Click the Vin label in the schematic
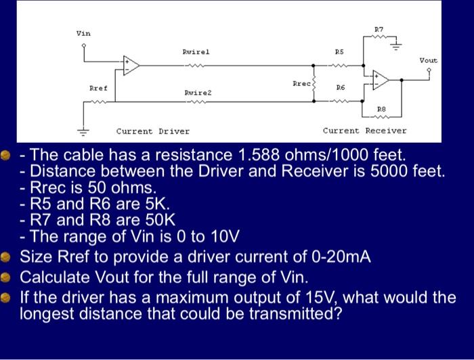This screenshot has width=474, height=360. pos(83,32)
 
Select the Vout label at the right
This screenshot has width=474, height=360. pos(428,60)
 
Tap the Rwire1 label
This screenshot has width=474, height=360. pos(196,51)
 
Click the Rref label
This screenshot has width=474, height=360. pos(98,89)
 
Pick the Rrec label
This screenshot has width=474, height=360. pos(301,83)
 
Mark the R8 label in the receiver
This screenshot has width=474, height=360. pos(381,108)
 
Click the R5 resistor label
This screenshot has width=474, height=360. pos(340,51)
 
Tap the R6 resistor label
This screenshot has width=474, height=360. pos(340,89)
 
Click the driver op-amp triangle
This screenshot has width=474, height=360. pos(130,66)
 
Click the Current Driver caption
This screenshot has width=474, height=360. pos(153,131)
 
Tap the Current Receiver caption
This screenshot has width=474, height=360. pos(364,131)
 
